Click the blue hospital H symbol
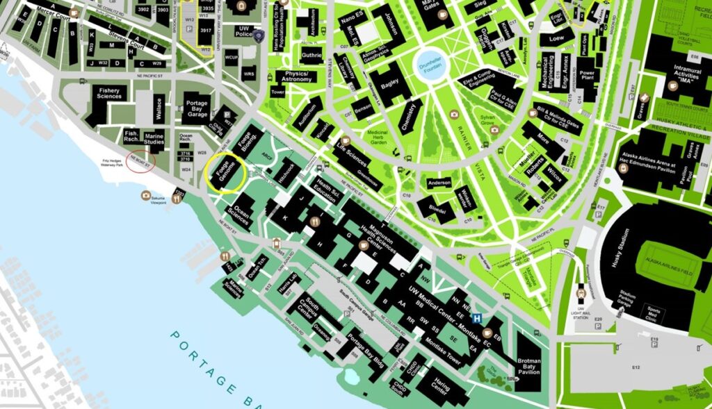pyautogui.click(x=478, y=319)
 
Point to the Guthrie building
pyautogui.click(x=311, y=56)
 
